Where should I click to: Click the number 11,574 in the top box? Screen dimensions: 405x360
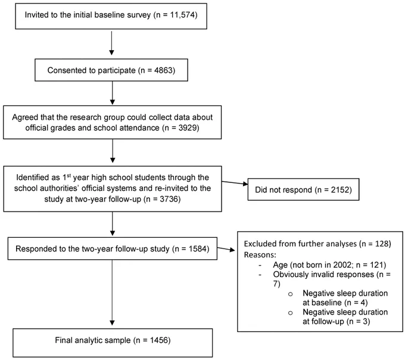click(182, 15)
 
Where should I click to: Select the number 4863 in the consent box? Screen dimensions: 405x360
click(163, 70)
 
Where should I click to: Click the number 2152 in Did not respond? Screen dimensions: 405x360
click(339, 190)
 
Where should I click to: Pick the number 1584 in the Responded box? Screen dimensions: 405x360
click(198, 249)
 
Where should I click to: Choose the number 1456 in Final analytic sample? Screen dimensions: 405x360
click(159, 340)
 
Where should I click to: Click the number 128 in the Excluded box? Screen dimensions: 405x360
click(382, 244)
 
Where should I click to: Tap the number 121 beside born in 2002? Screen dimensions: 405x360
click(376, 265)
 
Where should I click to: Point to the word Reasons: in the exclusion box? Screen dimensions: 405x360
click(260, 255)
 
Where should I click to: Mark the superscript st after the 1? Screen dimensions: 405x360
click(68, 175)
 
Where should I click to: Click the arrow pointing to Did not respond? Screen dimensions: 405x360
click(235, 183)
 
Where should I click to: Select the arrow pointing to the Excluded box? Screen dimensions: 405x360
click(226, 249)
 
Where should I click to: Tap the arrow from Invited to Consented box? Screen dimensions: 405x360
click(111, 43)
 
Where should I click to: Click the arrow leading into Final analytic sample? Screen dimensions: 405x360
click(112, 293)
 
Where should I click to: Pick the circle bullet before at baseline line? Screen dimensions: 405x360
click(290, 294)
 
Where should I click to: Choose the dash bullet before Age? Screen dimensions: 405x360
click(260, 265)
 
